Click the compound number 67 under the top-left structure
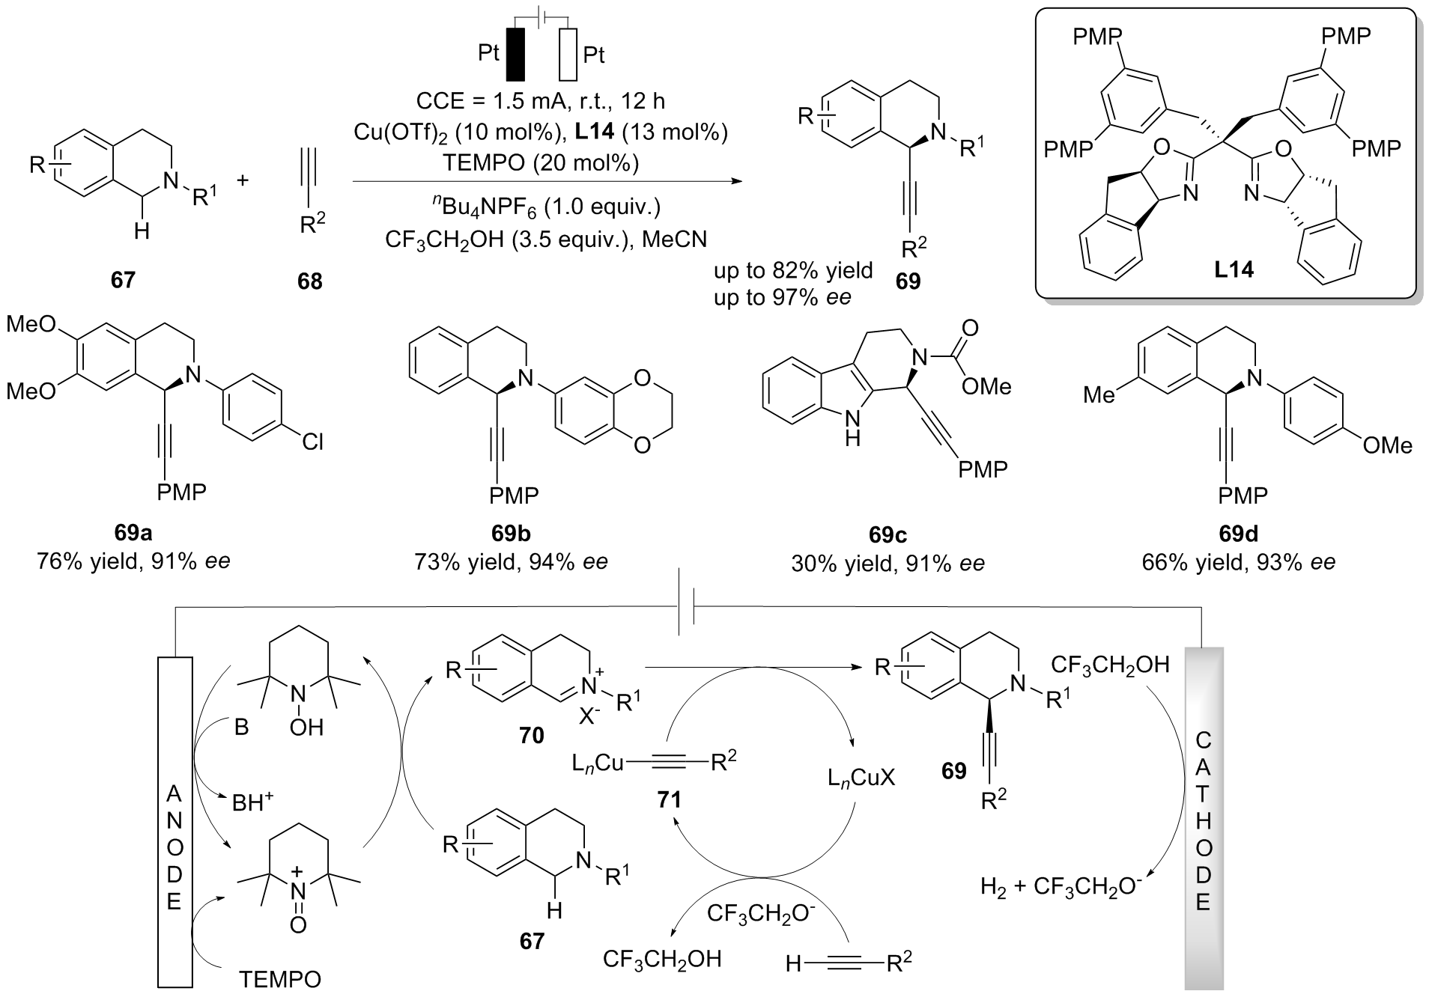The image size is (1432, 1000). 123,280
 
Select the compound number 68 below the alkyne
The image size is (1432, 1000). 309,281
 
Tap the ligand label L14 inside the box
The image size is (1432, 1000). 1234,269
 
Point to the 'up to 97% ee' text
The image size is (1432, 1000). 782,297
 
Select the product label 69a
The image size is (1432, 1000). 133,533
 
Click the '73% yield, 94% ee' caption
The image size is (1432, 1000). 511,561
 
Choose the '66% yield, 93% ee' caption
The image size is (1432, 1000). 1238,561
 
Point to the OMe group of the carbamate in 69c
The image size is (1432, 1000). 986,386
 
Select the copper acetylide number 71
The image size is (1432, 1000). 669,800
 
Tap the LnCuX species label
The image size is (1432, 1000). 861,779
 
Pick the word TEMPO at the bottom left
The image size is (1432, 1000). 280,979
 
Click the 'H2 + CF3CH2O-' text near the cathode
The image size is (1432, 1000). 1062,887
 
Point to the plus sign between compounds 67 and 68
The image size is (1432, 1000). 243,180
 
